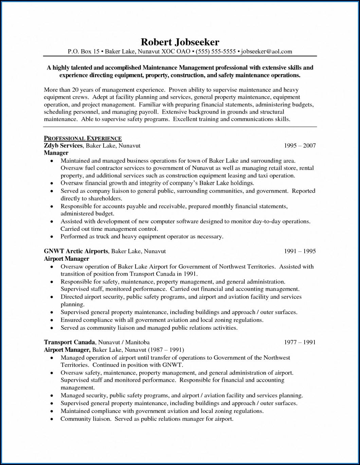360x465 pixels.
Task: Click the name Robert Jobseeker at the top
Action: pyautogui.click(x=180, y=42)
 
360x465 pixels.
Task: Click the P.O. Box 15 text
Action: pyautogui.click(x=83, y=52)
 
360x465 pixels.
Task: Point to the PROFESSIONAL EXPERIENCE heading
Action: pyautogui.click(x=83, y=138)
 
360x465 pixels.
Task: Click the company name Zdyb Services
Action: pyautogui.click(x=63, y=145)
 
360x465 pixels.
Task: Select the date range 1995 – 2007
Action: pyautogui.click(x=300, y=145)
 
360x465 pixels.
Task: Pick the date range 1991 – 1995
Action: pyautogui.click(x=300, y=251)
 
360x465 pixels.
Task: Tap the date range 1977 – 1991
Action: pyautogui.click(x=300, y=342)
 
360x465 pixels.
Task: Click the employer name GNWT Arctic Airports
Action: pyautogui.click(x=76, y=251)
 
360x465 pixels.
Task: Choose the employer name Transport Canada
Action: pyautogui.click(x=69, y=342)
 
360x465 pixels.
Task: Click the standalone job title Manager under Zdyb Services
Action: pyautogui.click(x=56, y=153)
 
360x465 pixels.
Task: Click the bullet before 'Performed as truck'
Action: pyautogui.click(x=52, y=237)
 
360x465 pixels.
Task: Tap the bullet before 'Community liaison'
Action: pyautogui.click(x=52, y=419)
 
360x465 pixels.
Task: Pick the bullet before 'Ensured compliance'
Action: pyautogui.click(x=52, y=320)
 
